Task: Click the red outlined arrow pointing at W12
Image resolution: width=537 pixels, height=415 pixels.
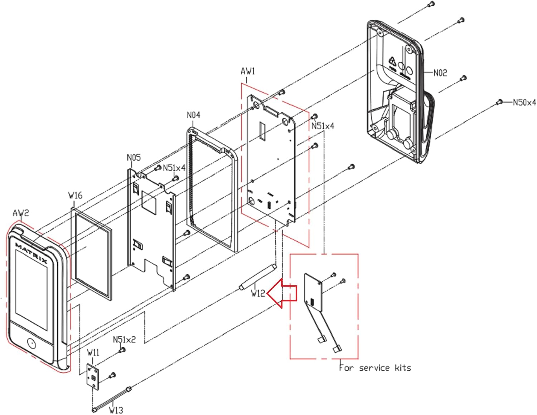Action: [x=283, y=293]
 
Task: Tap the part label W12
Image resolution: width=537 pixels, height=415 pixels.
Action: [x=258, y=293]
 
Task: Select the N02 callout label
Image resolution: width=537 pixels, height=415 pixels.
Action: [x=440, y=73]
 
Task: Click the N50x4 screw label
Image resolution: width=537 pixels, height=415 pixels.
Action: [x=524, y=103]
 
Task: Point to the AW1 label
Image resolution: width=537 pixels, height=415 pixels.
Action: [x=248, y=71]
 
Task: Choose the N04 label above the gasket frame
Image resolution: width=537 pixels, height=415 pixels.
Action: [x=193, y=115]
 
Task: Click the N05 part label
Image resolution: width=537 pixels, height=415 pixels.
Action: [x=134, y=158]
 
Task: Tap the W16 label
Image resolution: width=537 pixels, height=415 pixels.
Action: [x=75, y=196]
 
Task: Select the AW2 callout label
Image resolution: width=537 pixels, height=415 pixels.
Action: [x=21, y=213]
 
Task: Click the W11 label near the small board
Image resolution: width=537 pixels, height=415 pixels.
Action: [x=93, y=352]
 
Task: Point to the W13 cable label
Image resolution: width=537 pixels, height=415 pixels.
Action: [x=116, y=410]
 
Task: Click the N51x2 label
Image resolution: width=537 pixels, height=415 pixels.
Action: [x=124, y=339]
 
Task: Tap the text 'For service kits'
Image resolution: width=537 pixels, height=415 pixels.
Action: [x=375, y=368]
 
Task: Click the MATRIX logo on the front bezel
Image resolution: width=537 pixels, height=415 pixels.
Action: [x=32, y=253]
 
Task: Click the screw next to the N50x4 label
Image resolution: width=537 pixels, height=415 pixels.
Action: [x=499, y=103]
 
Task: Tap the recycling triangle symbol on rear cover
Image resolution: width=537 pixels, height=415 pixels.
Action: [x=392, y=61]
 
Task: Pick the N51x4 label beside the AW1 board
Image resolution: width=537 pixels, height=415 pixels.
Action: [x=323, y=126]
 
